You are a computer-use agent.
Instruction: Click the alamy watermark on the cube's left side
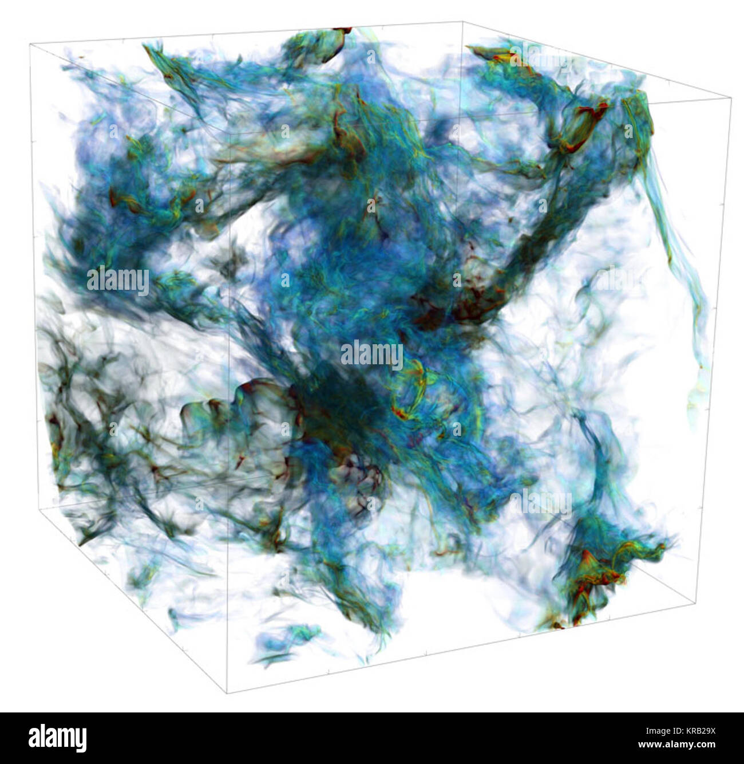[118, 281]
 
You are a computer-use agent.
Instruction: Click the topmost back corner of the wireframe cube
[462, 21]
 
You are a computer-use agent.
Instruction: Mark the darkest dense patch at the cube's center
[338, 401]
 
